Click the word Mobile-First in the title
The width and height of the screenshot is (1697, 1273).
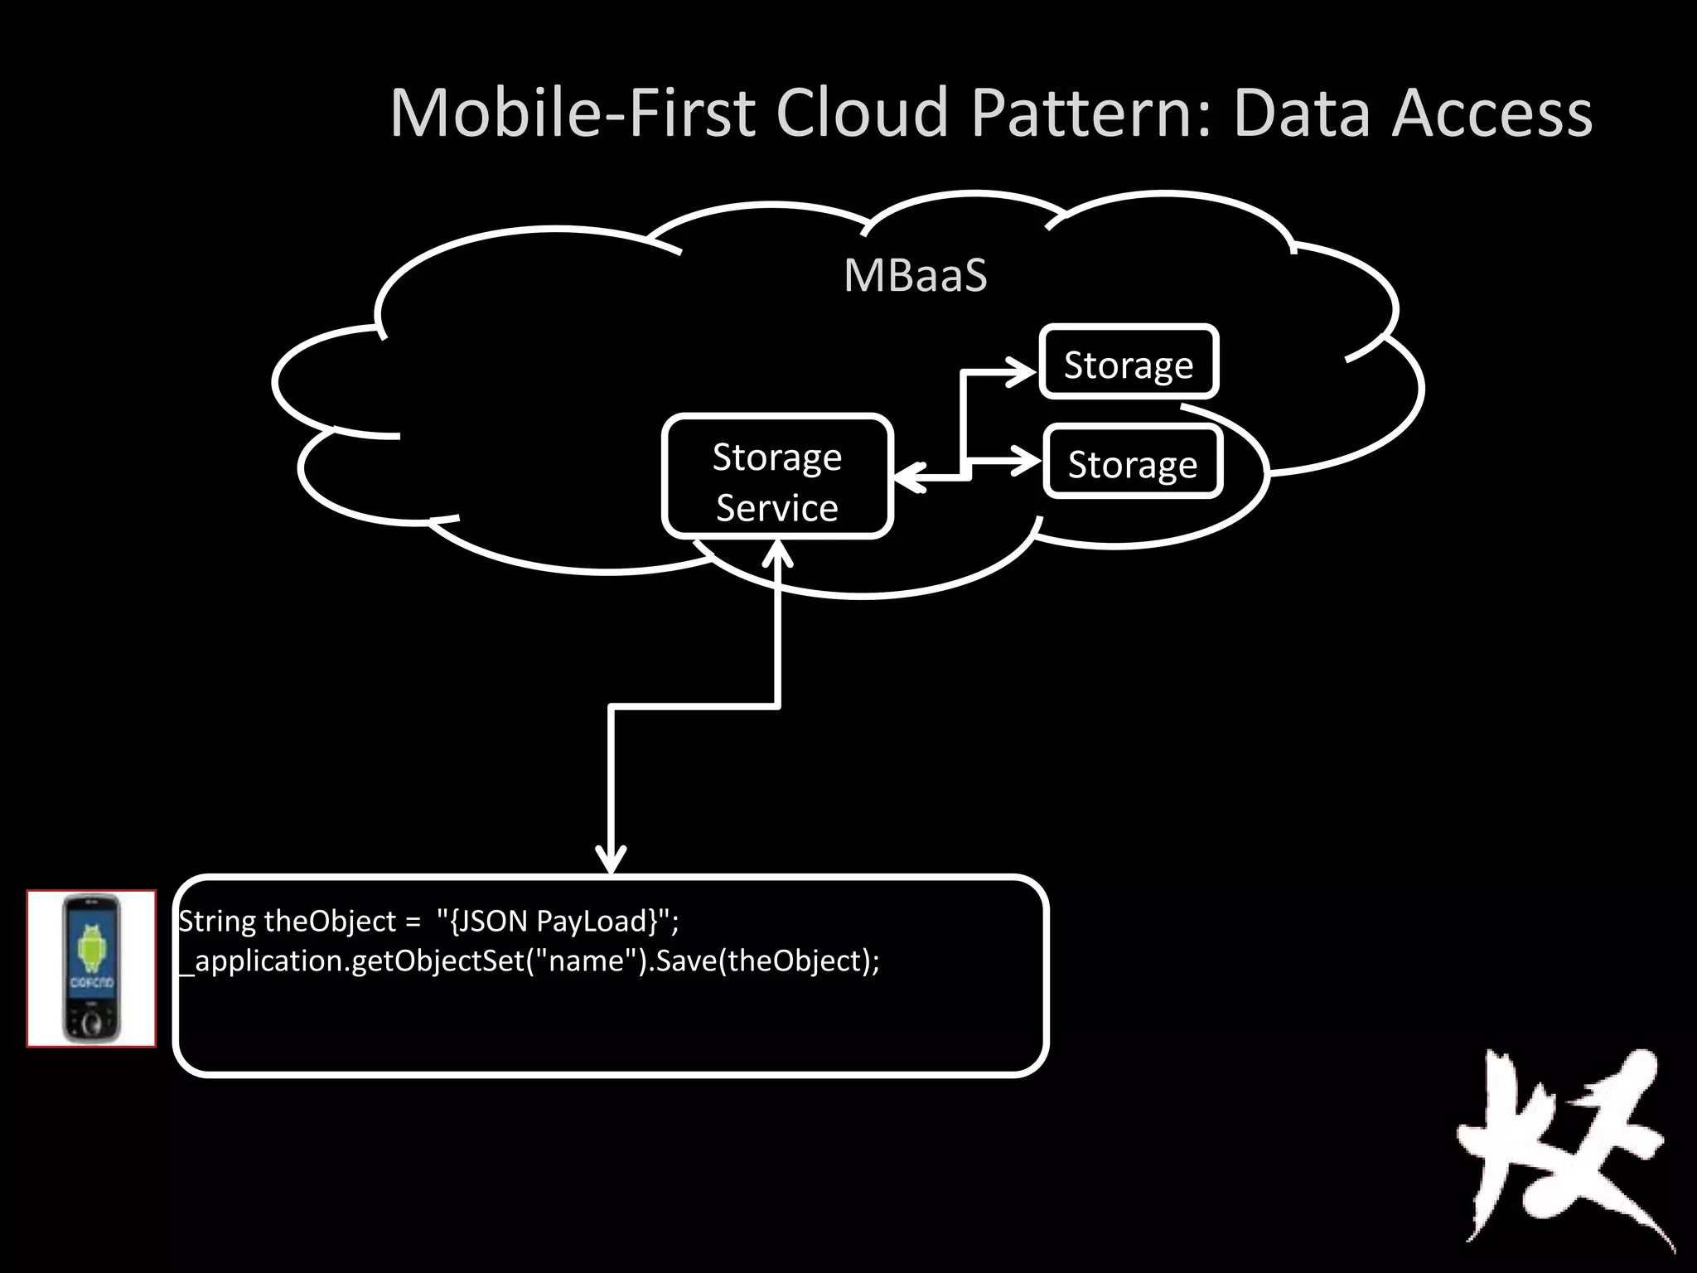pos(572,113)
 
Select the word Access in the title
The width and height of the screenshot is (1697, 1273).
pos(1492,113)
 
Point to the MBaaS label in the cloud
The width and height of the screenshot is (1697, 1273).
pos(915,275)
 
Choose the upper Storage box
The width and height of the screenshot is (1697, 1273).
pos(1129,363)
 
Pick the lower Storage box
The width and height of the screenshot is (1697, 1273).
pos(1133,462)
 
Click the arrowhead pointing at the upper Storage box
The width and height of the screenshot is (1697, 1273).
pos(1021,372)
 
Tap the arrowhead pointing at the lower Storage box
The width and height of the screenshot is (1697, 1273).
pos(1024,461)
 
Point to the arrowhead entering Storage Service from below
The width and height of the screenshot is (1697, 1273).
pos(777,554)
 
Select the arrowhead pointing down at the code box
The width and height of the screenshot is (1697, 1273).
pos(611,859)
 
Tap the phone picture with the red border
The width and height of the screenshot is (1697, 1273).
pos(91,968)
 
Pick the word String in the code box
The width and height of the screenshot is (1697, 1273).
pos(218,921)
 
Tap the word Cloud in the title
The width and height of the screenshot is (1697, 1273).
pos(862,113)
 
